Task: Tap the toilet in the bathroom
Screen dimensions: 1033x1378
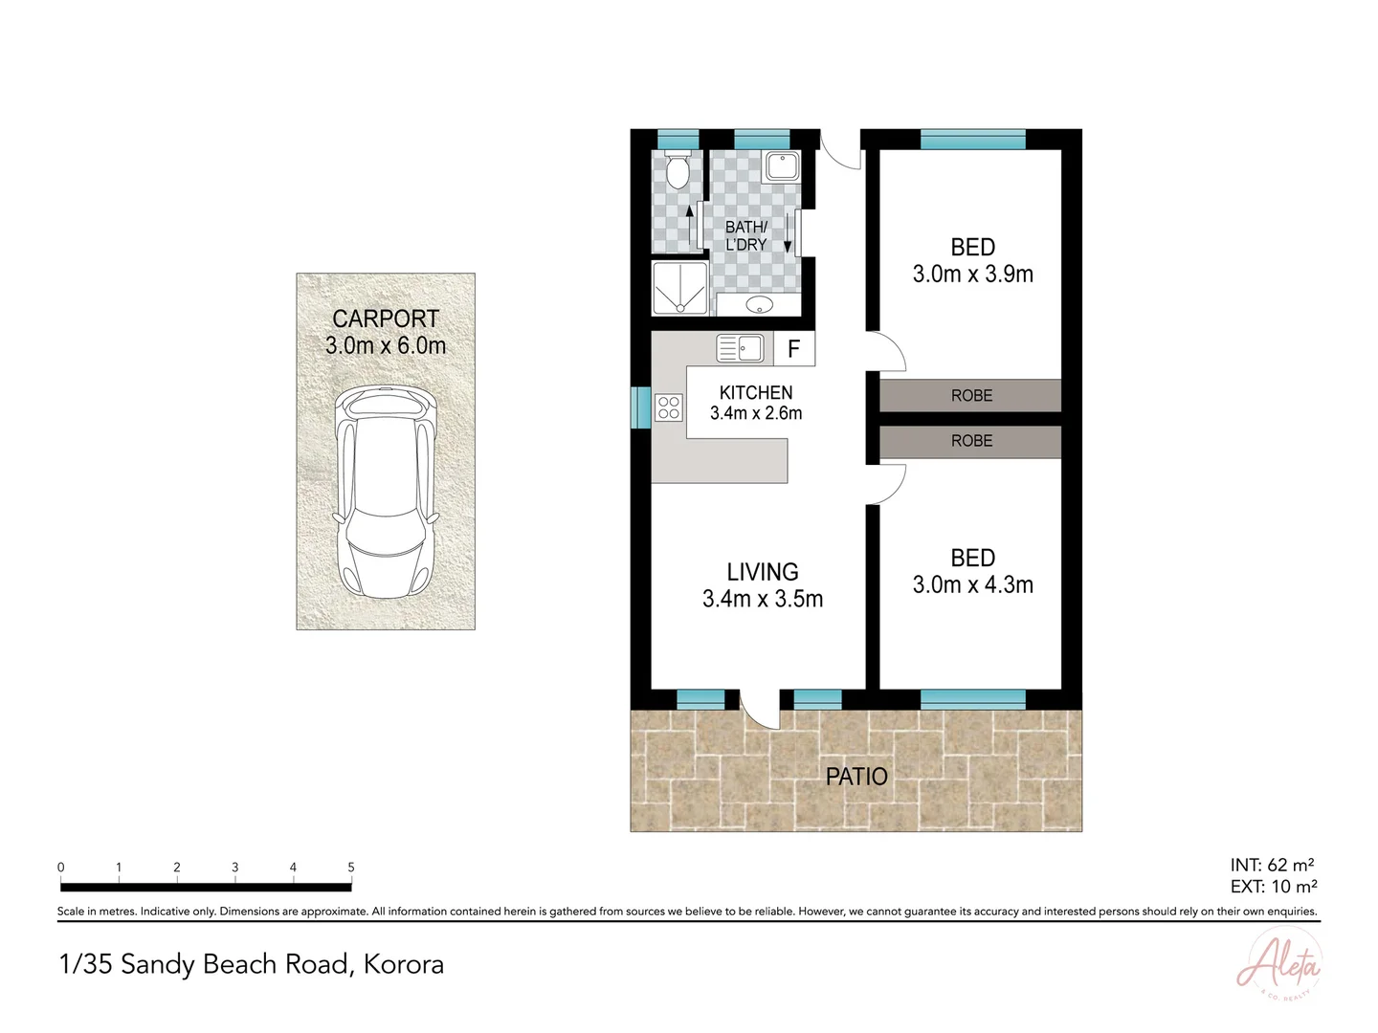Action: (x=677, y=170)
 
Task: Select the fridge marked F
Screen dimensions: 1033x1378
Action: (x=793, y=349)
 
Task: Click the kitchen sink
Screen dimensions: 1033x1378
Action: (x=740, y=348)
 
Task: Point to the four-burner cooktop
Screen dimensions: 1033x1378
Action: (x=668, y=408)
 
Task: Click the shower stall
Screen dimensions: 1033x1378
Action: (x=679, y=288)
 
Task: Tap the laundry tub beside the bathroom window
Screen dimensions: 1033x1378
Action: (x=782, y=166)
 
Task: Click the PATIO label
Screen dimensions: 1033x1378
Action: (x=856, y=777)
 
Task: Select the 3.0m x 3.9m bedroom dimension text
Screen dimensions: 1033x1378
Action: (x=972, y=275)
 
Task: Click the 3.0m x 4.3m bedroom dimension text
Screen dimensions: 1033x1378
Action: (x=972, y=585)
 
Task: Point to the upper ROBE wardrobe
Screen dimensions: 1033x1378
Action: (x=970, y=395)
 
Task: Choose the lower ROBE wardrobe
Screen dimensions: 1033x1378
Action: (x=970, y=441)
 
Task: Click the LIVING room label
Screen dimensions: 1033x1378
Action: (x=762, y=572)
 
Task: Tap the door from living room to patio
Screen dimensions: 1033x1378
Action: (x=760, y=710)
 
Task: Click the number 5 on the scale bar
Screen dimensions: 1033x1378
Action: (x=351, y=868)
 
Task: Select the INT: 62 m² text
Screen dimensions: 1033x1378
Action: (x=1272, y=866)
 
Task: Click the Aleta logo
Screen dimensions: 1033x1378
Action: (x=1278, y=966)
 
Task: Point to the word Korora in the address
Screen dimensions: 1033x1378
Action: (x=404, y=964)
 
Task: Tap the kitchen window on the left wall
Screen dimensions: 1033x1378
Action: (x=640, y=407)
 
